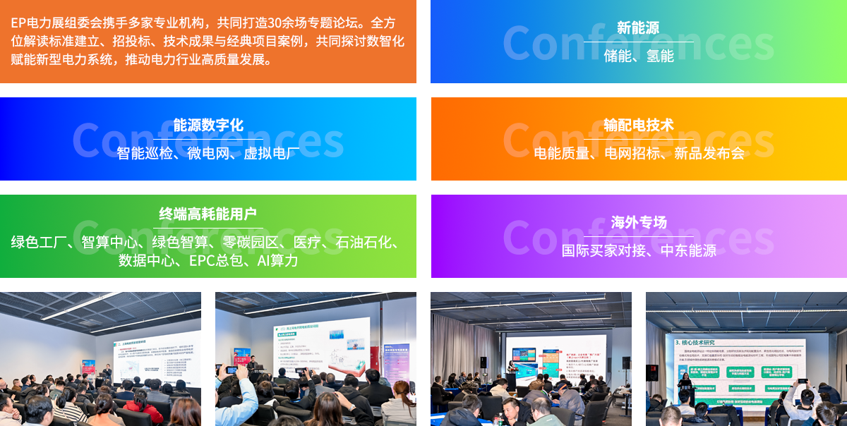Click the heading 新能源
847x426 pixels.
(x=638, y=28)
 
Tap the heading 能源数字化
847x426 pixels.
(x=208, y=126)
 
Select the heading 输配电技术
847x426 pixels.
(x=638, y=126)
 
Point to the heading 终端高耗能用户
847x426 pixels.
(x=208, y=214)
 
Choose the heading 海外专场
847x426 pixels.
(x=638, y=223)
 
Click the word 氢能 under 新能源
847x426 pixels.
(x=660, y=56)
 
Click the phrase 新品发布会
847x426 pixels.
(x=709, y=153)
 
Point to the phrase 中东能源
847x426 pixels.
(x=688, y=250)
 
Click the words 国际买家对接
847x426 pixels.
(x=603, y=250)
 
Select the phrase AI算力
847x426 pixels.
(x=277, y=261)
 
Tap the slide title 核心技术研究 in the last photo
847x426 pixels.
(x=699, y=343)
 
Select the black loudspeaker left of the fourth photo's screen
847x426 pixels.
(x=651, y=372)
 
